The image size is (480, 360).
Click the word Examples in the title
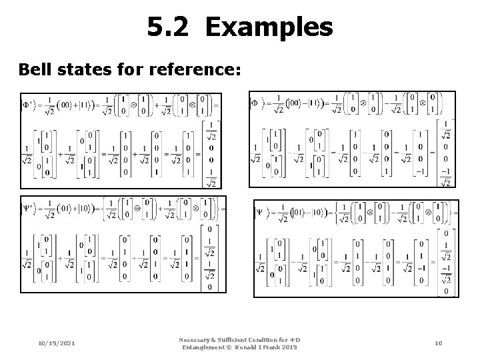269,27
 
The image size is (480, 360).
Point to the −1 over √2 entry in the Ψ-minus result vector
446,274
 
